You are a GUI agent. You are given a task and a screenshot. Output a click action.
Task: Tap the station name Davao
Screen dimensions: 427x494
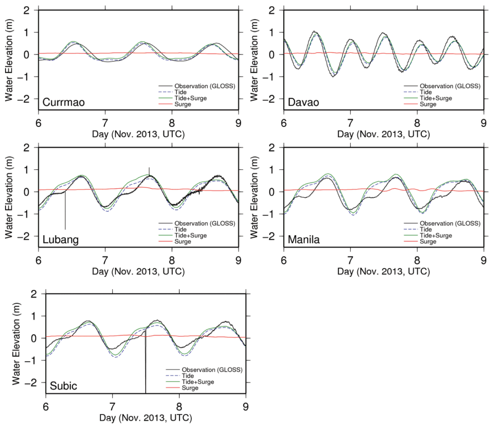point(303,103)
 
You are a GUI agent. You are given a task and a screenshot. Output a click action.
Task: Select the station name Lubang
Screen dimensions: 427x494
point(60,240)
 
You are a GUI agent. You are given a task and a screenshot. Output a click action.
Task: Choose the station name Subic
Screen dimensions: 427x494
point(63,387)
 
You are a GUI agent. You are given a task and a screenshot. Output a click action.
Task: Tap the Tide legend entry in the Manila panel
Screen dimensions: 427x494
point(426,229)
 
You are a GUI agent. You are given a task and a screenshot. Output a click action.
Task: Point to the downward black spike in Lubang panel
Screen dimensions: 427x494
point(65,212)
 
